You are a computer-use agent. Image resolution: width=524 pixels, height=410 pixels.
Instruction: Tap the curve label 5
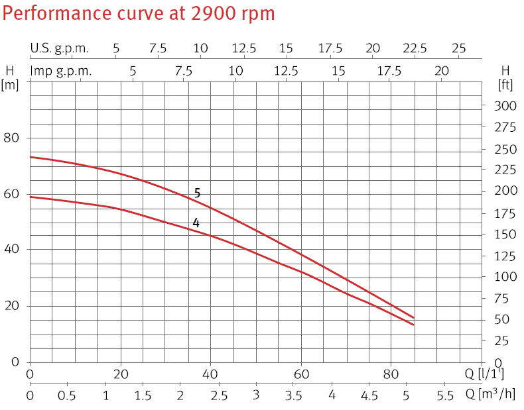[197, 193]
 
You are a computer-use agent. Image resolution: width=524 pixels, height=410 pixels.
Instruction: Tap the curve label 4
[196, 223]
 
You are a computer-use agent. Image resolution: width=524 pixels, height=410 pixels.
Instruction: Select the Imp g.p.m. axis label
[61, 71]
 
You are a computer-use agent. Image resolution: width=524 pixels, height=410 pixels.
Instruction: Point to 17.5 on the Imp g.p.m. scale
[389, 71]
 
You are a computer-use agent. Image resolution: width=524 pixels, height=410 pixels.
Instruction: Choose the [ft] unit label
[506, 84]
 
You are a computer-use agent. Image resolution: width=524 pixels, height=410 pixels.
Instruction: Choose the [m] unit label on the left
[10, 84]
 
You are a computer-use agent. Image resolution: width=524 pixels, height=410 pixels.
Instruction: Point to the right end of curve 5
[413, 318]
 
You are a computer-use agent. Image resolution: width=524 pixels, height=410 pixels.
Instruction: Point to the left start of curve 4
[31, 197]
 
